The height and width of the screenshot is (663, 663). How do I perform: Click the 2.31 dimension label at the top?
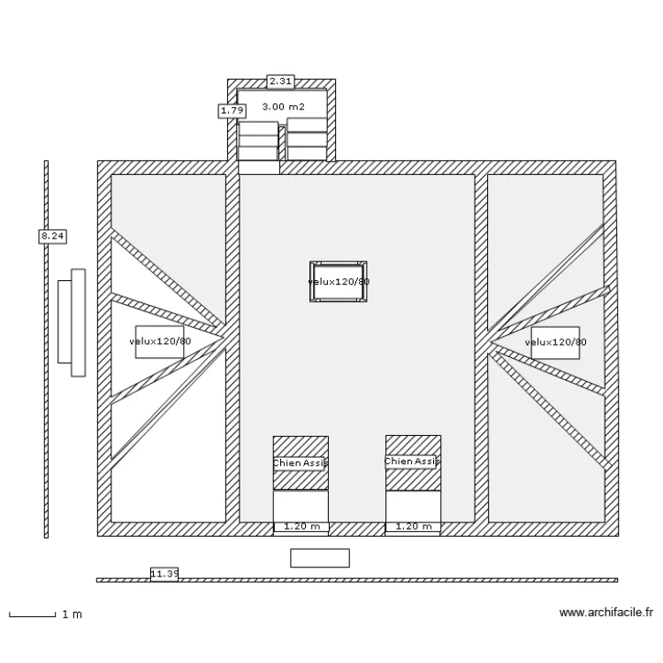coord(280,80)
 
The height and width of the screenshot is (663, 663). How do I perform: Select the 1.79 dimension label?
coord(232,110)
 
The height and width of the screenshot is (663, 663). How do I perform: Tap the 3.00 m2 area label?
coord(283,107)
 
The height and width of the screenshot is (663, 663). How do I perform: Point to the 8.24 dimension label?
coord(53,236)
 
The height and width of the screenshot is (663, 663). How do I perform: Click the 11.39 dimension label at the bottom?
coord(164,574)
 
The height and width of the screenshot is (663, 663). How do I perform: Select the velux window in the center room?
coord(339,282)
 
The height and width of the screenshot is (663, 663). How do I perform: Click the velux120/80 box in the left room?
coord(159,341)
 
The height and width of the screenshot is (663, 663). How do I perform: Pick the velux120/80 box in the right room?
coord(555,342)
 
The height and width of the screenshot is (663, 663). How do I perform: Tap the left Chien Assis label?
coord(301,462)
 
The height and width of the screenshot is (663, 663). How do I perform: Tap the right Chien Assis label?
coord(413,461)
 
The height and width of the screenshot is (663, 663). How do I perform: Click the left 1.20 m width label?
coord(301,527)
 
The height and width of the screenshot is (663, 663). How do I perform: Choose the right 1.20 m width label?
coord(414,527)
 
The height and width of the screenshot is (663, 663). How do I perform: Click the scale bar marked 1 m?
coord(33,613)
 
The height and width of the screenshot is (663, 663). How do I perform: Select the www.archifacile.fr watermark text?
coord(607,613)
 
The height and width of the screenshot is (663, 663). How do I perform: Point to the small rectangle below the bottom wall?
coord(320,558)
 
